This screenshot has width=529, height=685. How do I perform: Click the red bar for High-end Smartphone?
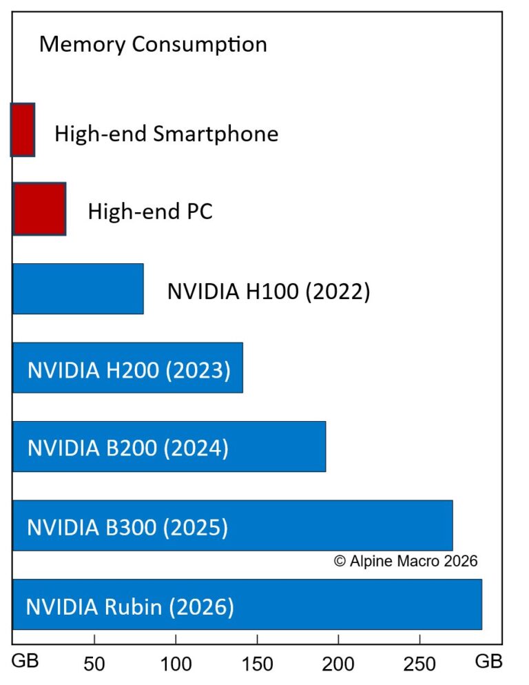click(x=23, y=130)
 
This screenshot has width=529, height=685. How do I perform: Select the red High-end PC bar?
click(x=39, y=209)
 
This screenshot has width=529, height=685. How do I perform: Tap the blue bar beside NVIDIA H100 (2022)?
click(x=78, y=289)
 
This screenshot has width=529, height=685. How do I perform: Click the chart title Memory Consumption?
click(x=153, y=45)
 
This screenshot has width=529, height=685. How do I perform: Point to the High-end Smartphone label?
click(x=167, y=134)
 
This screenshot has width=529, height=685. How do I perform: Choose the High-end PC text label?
click(x=150, y=211)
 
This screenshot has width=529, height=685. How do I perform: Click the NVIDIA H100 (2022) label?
click(x=269, y=292)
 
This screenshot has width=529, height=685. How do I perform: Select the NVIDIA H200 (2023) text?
click(x=129, y=370)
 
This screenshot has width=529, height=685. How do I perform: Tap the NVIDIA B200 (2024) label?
click(x=128, y=449)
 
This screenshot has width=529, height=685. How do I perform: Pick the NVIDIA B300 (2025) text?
click(x=127, y=528)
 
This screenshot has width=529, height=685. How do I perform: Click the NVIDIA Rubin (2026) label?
click(x=130, y=607)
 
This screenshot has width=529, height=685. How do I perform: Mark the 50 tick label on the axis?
click(x=94, y=664)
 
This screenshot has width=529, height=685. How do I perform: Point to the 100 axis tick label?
click(x=176, y=664)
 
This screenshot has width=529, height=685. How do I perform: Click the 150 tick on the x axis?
click(x=257, y=664)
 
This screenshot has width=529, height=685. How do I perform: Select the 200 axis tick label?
click(x=338, y=664)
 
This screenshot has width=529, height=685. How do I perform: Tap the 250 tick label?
click(x=419, y=664)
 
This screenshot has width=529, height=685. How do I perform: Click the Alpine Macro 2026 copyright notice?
click(x=406, y=561)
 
